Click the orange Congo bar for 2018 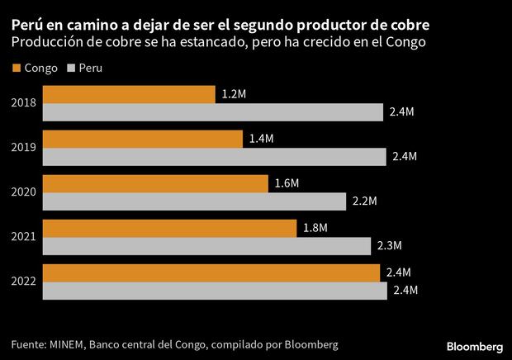coord(128,94)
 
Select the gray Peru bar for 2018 coord(212,112)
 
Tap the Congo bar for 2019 coord(142,139)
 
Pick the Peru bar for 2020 coord(193,201)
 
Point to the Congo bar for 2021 coord(168,228)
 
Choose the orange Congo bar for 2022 coord(211,272)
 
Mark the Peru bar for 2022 coord(214,291)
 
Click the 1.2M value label coord(233,95)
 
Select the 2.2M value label coord(363,201)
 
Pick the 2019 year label coord(23,148)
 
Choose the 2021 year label coord(23,237)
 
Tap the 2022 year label coord(23,282)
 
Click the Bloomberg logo coord(475,344)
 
